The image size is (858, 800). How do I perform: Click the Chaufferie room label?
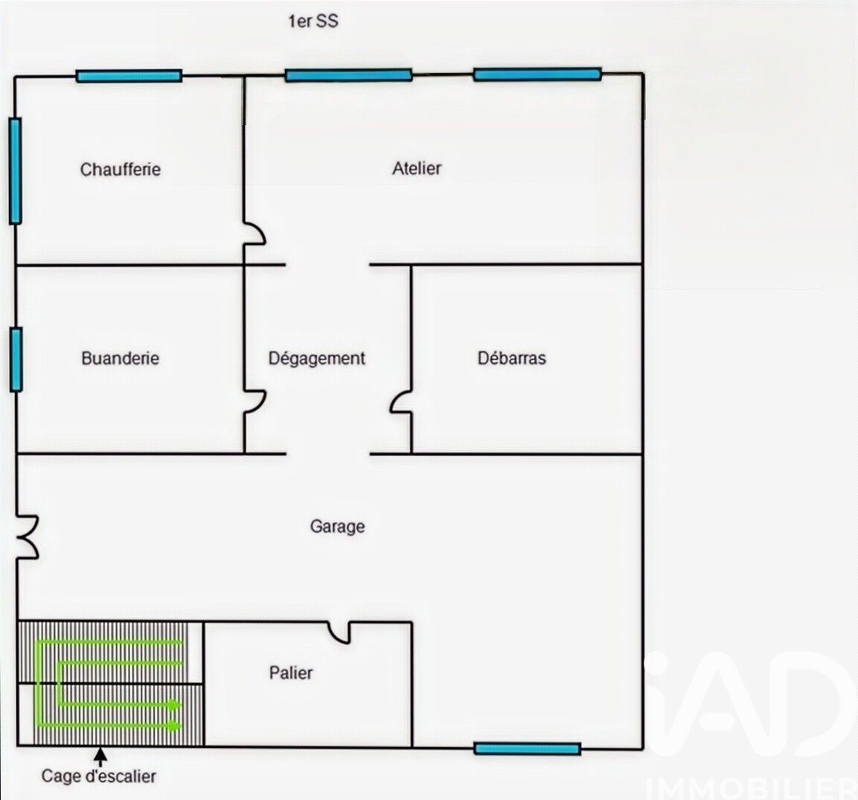[x=121, y=169]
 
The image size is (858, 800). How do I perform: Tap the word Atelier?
[x=417, y=168]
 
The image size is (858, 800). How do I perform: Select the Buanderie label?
[x=121, y=358]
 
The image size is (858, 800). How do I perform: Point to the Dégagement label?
[x=316, y=359]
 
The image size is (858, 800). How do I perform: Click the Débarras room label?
[x=512, y=358]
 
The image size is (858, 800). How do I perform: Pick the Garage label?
[x=337, y=526]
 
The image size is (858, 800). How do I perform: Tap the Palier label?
[x=290, y=673]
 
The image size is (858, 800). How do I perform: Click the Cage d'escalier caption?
[x=98, y=776]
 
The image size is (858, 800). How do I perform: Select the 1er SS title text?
[x=313, y=22]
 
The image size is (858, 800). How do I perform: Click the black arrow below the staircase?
[x=100, y=757]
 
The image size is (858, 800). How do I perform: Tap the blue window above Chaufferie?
[x=129, y=76]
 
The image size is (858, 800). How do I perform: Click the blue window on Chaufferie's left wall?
[x=16, y=170]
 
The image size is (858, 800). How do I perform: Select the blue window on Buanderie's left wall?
[x=16, y=359]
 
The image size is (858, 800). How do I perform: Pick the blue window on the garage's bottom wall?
[x=527, y=749]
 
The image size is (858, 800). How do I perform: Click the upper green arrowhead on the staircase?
[x=174, y=705]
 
